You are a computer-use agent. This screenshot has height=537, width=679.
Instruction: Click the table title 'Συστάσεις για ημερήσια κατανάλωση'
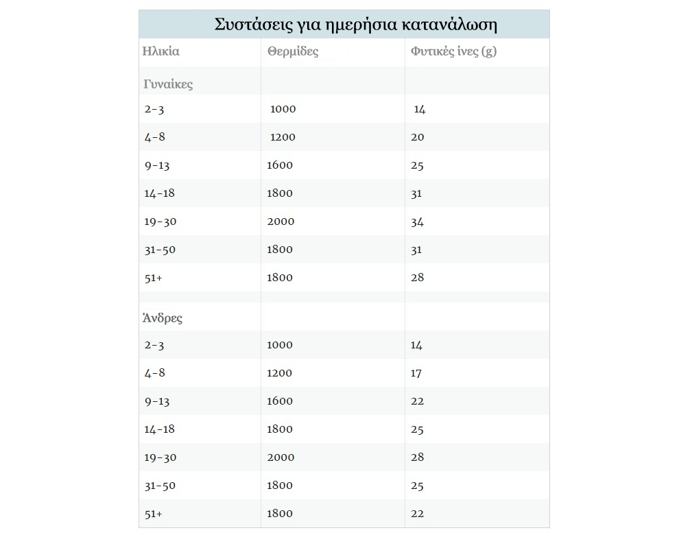click(x=355, y=25)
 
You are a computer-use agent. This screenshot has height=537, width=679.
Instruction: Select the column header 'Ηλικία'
click(x=160, y=51)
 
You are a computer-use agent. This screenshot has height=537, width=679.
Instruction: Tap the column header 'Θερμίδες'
click(x=293, y=51)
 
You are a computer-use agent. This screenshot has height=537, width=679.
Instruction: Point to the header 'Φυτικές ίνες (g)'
click(x=453, y=51)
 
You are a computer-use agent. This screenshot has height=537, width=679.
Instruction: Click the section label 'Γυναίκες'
click(x=168, y=84)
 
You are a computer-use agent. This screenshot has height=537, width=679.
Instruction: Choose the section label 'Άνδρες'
click(x=163, y=318)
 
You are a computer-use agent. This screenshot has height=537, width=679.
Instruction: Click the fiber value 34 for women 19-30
click(x=417, y=222)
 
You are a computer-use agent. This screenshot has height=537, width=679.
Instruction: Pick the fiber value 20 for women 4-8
click(x=418, y=137)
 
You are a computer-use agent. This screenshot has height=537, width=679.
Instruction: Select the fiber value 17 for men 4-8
click(x=416, y=373)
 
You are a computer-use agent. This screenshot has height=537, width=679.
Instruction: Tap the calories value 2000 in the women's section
click(x=281, y=222)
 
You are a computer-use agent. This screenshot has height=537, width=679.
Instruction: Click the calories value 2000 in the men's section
click(x=281, y=457)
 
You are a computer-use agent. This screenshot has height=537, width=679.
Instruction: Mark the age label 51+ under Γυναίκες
click(x=153, y=278)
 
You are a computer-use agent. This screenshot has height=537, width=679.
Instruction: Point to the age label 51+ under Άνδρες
click(x=153, y=514)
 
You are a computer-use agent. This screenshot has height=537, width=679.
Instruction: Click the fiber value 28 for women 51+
click(x=417, y=278)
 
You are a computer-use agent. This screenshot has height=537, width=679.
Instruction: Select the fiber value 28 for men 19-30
click(x=417, y=457)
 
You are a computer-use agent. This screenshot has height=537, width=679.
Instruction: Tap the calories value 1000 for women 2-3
click(x=283, y=109)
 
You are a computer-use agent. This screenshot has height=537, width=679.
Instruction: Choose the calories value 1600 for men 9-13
click(x=280, y=401)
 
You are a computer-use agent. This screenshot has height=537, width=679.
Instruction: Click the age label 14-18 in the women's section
click(x=159, y=193)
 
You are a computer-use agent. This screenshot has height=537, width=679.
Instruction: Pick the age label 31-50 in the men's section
click(x=160, y=486)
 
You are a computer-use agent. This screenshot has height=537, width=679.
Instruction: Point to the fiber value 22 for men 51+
click(x=417, y=514)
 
